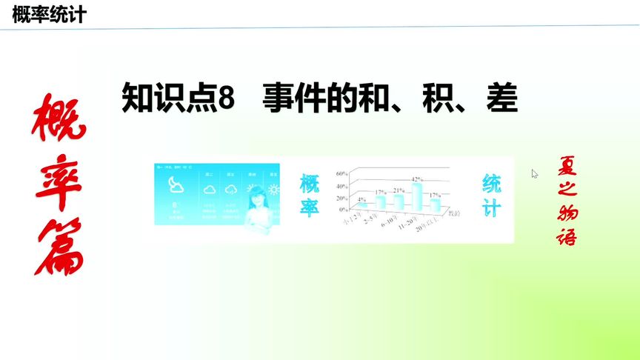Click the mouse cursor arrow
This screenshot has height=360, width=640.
[534, 173]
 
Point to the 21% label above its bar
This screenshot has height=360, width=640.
[399, 190]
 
